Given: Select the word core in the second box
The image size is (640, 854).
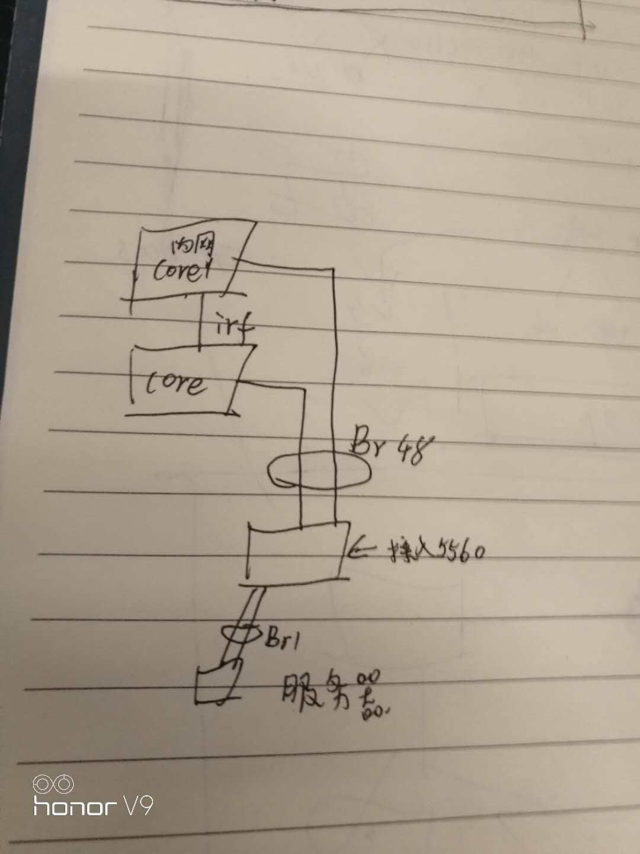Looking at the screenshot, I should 177,384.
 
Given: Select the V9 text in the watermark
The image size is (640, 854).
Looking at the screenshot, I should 138,806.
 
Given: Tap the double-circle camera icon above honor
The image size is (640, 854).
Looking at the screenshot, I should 53,784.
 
